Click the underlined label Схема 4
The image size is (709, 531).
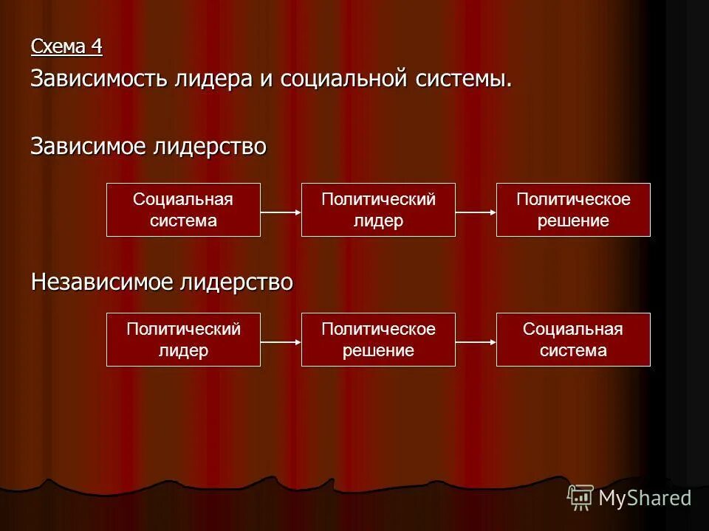[66, 46]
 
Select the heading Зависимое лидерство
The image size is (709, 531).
[148, 146]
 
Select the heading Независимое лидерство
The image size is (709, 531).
[162, 282]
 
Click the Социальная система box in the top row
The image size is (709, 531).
[183, 210]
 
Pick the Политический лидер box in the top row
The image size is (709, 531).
[378, 210]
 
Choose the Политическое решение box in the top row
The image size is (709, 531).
[573, 210]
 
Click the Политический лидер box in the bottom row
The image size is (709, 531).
[183, 340]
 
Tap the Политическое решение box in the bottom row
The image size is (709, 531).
[378, 340]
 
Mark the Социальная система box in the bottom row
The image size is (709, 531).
[573, 340]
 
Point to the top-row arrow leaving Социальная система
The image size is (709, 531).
[281, 212]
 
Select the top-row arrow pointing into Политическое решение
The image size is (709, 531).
[476, 212]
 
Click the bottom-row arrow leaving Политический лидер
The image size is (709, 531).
[281, 342]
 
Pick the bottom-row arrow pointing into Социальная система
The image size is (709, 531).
[476, 342]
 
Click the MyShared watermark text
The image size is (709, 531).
[645, 498]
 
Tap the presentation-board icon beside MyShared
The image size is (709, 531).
[580, 497]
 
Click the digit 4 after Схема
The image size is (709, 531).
[96, 46]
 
